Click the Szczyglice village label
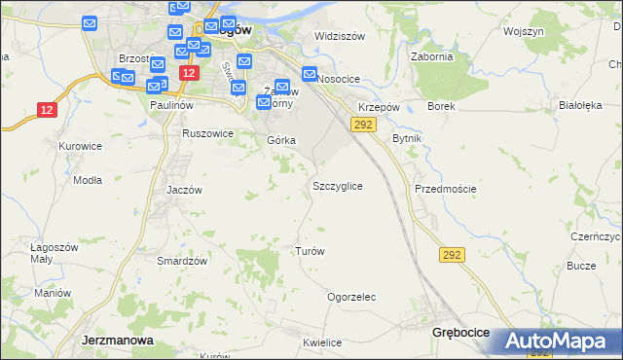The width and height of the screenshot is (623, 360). coord(338,185)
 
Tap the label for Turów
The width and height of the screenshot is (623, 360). coord(309,251)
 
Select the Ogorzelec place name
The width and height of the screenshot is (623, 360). coord(351,297)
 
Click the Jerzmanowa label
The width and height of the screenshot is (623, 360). coord(114,341)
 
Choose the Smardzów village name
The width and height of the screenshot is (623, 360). coord(182,261)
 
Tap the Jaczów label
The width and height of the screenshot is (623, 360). coord(184,190)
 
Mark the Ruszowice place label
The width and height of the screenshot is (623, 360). coord(207,133)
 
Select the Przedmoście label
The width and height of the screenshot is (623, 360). coord(445,189)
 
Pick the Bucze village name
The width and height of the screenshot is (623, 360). coord(581,266)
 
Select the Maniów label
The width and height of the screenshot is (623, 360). coord(53,293)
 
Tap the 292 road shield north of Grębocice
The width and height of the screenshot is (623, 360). coord(452,255)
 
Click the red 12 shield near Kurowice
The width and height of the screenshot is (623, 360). coord(48,110)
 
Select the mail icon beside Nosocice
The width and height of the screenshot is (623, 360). coord(310,73)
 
